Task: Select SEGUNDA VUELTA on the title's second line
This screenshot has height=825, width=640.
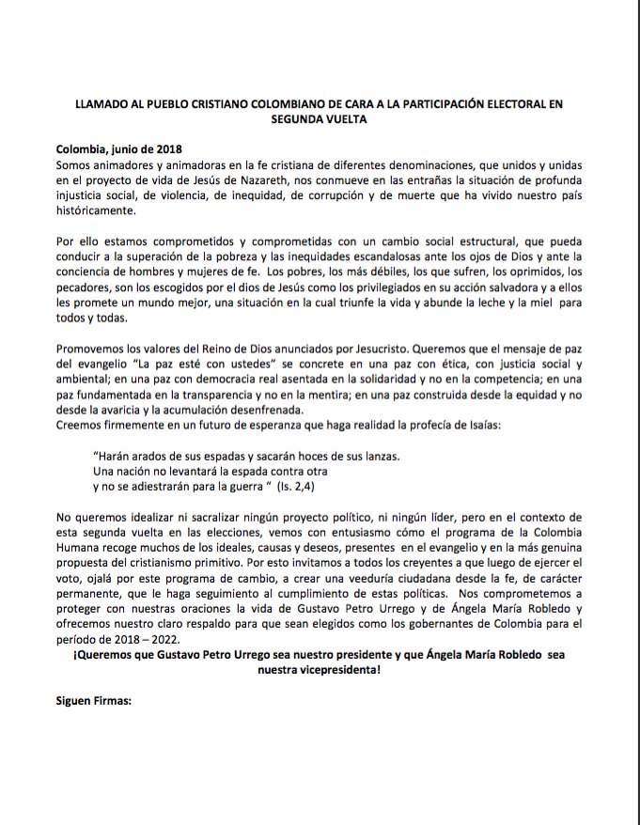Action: [320, 119]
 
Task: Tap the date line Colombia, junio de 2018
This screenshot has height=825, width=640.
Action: [118, 149]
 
